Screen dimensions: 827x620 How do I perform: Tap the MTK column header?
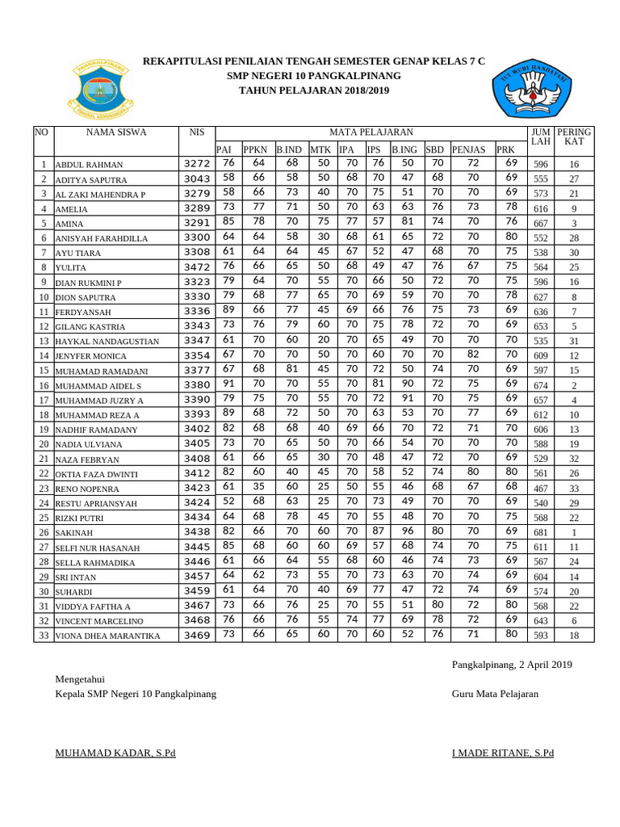(320, 149)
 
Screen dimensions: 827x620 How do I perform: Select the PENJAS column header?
(468, 149)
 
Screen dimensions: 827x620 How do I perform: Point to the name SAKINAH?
(73, 534)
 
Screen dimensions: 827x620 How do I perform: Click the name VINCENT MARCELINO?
(99, 622)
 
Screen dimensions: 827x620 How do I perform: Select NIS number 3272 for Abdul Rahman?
(197, 164)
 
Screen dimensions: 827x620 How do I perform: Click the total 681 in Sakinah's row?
(541, 533)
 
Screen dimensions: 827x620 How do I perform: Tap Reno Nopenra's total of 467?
(541, 489)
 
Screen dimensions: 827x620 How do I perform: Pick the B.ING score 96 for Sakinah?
(408, 532)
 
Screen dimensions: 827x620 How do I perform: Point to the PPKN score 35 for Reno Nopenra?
(258, 488)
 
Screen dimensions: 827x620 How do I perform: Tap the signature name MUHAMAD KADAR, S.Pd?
(115, 753)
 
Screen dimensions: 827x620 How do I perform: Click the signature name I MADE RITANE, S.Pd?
(503, 753)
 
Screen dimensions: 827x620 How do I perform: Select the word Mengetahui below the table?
(79, 678)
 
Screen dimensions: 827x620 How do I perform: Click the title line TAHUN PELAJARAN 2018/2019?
(314, 90)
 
